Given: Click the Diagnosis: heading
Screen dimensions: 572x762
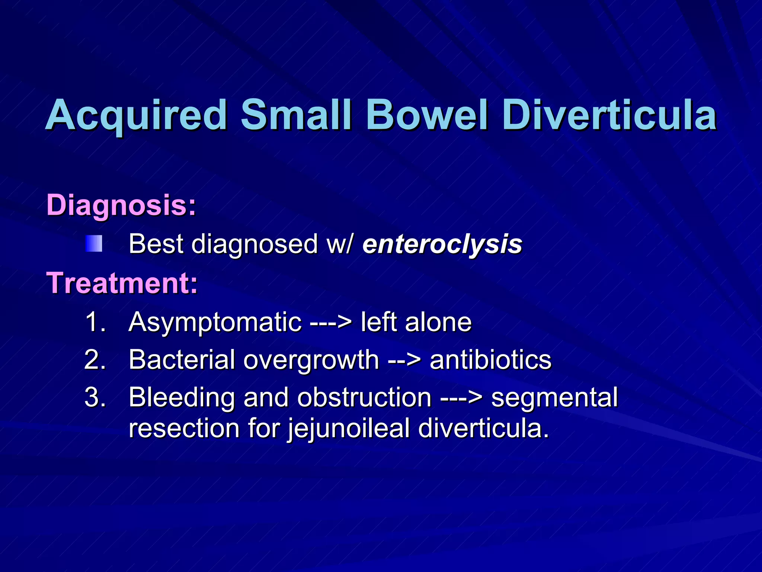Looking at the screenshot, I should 121,206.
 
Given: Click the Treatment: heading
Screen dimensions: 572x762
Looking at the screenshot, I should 122,283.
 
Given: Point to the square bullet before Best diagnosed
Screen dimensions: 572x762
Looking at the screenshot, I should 94,244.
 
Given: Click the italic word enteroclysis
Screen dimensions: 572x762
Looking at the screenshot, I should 442,245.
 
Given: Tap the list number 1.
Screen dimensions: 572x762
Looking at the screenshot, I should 95,322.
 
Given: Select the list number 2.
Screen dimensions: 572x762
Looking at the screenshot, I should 95,360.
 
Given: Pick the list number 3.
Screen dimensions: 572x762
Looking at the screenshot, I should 95,397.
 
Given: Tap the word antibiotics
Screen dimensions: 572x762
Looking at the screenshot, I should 490,360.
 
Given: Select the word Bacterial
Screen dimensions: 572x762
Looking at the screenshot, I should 182,360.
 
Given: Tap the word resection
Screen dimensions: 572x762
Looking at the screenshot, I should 184,428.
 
